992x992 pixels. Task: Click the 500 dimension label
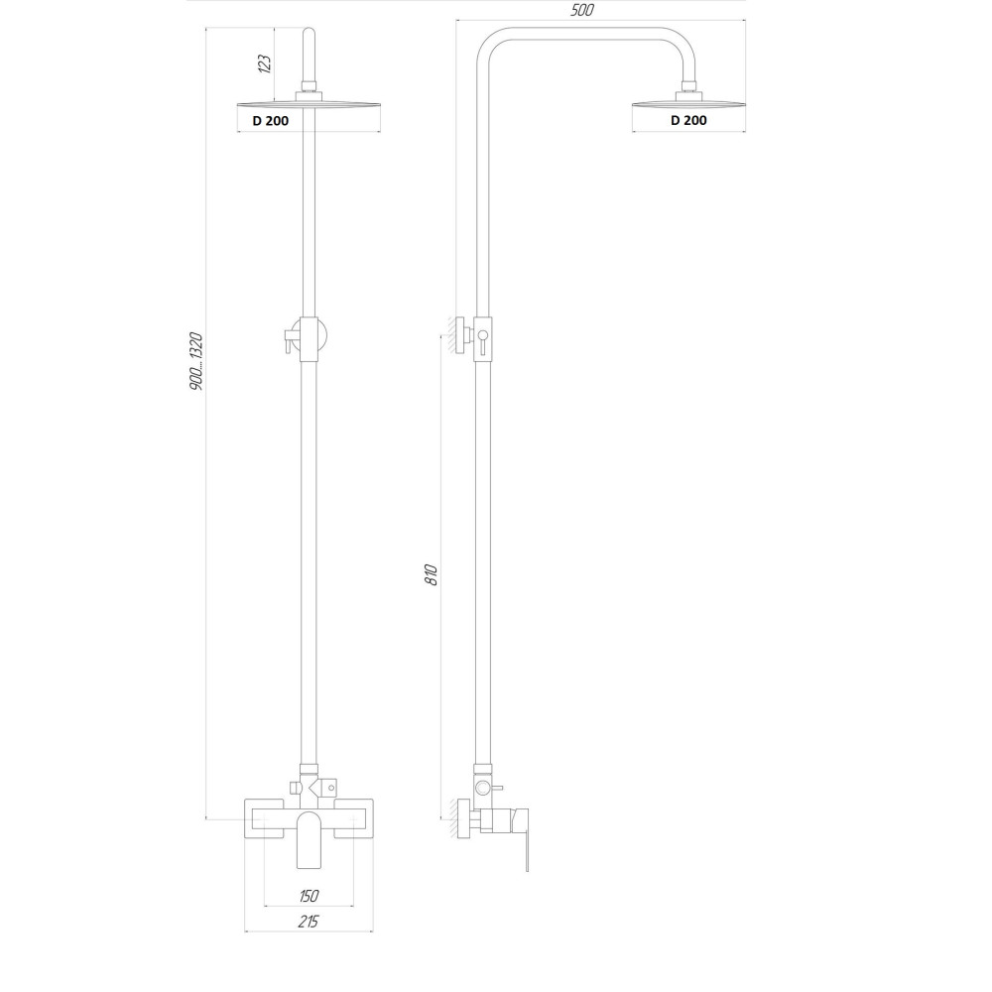pos(583,11)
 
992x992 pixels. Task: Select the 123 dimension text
pos(264,64)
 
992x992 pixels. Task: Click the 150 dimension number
pos(309,896)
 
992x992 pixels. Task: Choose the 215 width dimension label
pos(309,923)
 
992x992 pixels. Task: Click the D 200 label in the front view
pos(270,121)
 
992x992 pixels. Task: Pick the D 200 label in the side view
pos(688,120)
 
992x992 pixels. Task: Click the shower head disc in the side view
pos(688,101)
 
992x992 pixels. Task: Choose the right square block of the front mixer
pos(353,819)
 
